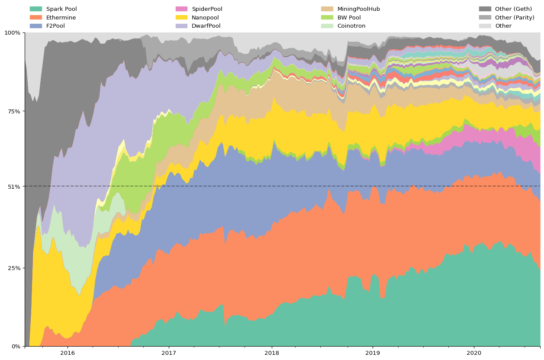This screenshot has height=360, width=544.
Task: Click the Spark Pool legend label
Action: click(x=61, y=9)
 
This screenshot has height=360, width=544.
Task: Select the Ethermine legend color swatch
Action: click(x=36, y=18)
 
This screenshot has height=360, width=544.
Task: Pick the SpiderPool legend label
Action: click(x=207, y=9)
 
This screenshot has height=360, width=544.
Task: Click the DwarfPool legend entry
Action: click(x=206, y=26)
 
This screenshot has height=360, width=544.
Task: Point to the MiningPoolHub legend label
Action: click(x=358, y=9)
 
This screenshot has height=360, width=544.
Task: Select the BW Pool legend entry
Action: click(x=349, y=18)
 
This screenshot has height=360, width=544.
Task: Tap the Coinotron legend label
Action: click(x=351, y=26)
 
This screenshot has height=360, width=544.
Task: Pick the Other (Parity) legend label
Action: click(x=515, y=18)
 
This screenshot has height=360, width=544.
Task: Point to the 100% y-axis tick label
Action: click(x=12, y=32)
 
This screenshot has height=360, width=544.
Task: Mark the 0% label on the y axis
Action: click(x=16, y=346)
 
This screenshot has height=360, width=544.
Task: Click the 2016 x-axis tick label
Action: click(x=68, y=353)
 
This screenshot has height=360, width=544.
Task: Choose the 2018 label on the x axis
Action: click(x=272, y=353)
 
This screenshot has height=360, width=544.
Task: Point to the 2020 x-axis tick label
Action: click(x=473, y=353)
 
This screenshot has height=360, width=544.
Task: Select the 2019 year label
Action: click(x=373, y=353)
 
